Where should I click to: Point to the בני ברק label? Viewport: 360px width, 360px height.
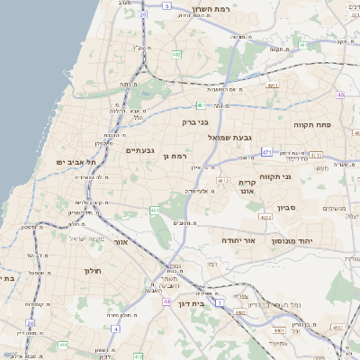(x=195, y=121)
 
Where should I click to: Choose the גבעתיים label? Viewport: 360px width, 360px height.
(x=140, y=150)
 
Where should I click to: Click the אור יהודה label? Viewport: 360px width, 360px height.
(x=238, y=241)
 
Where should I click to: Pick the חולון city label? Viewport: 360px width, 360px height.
(x=93, y=271)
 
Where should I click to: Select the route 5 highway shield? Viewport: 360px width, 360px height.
(x=167, y=5)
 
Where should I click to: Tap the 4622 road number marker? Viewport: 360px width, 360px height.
(x=265, y=217)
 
